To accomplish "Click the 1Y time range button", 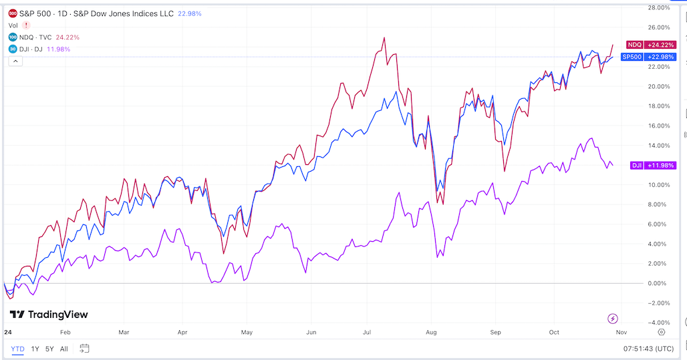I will click(35, 349).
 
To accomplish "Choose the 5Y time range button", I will click(50, 349).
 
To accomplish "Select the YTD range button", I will click(17, 349).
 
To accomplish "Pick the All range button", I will click(64, 349).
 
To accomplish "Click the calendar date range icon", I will click(84, 349).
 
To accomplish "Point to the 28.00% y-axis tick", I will click(660, 8).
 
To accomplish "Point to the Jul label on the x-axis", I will click(367, 331).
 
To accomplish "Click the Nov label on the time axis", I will click(621, 331).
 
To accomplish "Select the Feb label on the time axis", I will click(65, 331).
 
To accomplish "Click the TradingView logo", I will click(49, 315).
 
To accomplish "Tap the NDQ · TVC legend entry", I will click(36, 37).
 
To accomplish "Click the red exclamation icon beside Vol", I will click(26, 25).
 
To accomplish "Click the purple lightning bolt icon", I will click(613, 319).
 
